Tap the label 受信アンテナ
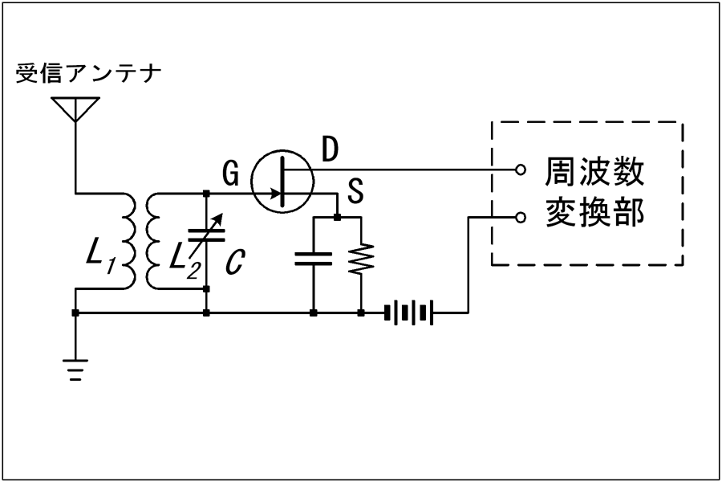click(x=88, y=74)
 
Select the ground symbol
click(x=75, y=370)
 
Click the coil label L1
click(x=101, y=258)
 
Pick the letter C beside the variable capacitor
click(x=235, y=262)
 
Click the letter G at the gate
click(x=231, y=174)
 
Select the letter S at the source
click(x=355, y=191)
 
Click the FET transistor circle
click(x=282, y=181)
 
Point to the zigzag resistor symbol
click(x=361, y=259)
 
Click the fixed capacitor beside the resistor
click(x=313, y=259)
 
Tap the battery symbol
click(x=408, y=312)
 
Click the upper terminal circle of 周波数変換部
click(x=521, y=170)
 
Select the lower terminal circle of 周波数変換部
click(x=521, y=217)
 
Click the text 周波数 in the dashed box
click(x=594, y=172)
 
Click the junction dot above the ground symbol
click(x=75, y=313)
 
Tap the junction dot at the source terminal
click(x=338, y=217)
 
